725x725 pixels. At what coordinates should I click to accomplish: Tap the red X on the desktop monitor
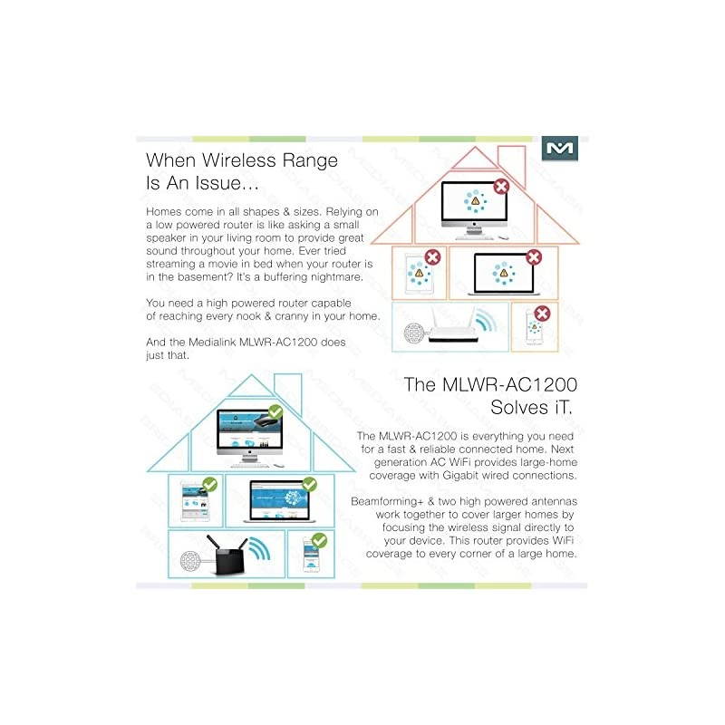pyautogui.click(x=501, y=186)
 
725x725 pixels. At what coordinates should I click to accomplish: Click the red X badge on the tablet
pyautogui.click(x=432, y=257)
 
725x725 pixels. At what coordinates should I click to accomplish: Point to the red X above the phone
pyautogui.click(x=542, y=314)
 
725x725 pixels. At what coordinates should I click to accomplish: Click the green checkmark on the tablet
pyautogui.click(x=209, y=485)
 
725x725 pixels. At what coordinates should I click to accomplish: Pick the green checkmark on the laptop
pyautogui.click(x=309, y=485)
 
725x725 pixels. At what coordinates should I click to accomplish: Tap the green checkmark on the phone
pyautogui.click(x=319, y=541)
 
